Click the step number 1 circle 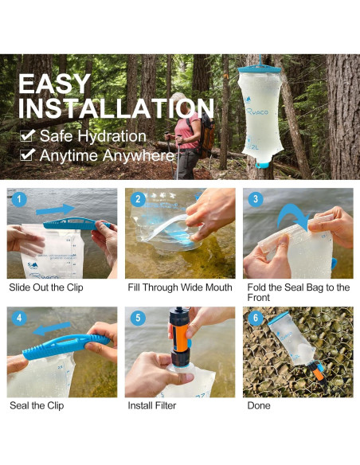[19, 199]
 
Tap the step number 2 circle [138, 199]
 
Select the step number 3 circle [256, 199]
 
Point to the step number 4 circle [19, 318]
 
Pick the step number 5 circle [138, 318]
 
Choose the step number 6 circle [256, 318]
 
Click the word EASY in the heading [55, 84]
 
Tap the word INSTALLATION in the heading [116, 109]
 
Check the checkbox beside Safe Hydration [27, 135]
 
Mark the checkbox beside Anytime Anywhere [27, 154]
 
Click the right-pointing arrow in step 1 [55, 209]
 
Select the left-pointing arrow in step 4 [52, 329]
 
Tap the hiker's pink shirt [187, 131]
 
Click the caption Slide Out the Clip [46, 287]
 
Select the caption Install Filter [152, 405]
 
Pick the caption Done [259, 405]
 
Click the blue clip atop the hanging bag [259, 69]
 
